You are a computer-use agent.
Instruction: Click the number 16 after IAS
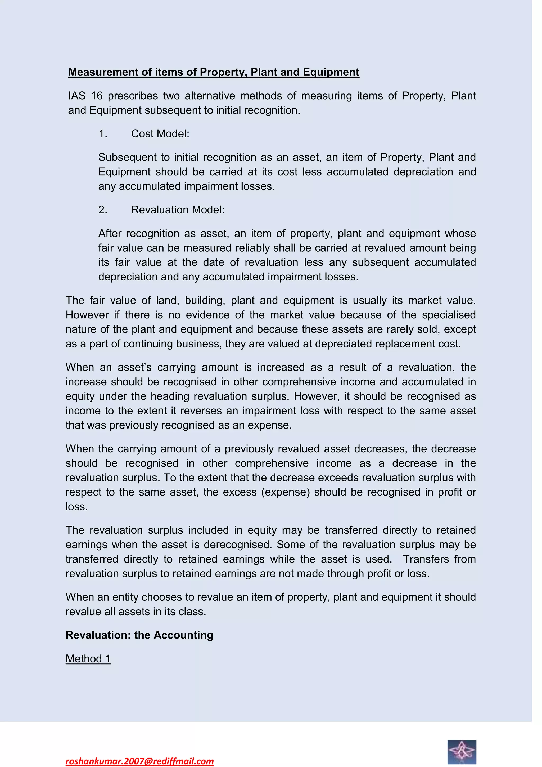97,96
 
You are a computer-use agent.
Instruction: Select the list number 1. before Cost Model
102,134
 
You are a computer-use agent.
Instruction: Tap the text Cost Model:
160,134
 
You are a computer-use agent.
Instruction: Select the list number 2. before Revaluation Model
102,210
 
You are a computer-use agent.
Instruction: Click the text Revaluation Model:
178,210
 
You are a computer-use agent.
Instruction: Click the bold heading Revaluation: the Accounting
139,635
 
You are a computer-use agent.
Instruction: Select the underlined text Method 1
88,659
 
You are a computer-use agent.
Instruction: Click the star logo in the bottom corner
462,752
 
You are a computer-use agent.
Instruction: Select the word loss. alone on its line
76,507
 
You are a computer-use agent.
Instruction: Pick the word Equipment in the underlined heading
331,72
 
